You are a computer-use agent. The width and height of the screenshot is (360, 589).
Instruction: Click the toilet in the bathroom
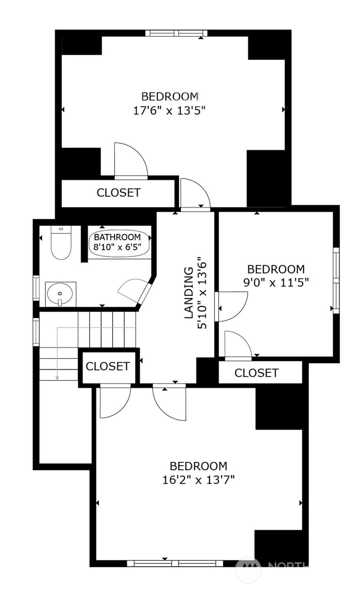(x=61, y=243)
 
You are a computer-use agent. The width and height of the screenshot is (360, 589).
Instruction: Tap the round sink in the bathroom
(x=60, y=294)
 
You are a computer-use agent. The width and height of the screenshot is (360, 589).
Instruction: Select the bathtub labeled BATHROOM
(x=119, y=242)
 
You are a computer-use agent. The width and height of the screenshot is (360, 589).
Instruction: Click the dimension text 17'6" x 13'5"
(x=169, y=110)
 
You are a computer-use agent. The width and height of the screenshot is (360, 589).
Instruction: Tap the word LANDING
(x=189, y=293)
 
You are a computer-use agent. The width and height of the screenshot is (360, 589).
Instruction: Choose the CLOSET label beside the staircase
(x=108, y=366)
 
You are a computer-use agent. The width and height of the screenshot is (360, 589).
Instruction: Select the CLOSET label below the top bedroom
(x=119, y=193)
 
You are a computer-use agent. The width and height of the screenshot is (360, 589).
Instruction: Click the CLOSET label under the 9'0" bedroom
(x=256, y=373)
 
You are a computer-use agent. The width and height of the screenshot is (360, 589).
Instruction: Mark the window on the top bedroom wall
(x=176, y=33)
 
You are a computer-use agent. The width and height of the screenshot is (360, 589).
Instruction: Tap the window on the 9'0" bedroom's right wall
(x=336, y=280)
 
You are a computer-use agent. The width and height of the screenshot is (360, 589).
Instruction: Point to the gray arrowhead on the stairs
(x=57, y=378)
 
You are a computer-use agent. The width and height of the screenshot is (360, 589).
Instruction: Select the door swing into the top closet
(x=130, y=161)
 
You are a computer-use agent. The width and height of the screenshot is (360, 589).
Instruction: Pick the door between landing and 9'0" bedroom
(x=231, y=307)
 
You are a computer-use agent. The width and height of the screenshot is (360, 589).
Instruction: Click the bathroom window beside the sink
(x=36, y=288)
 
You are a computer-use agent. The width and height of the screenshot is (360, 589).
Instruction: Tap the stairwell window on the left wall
(x=36, y=332)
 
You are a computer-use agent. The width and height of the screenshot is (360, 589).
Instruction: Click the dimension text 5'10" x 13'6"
(x=202, y=293)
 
